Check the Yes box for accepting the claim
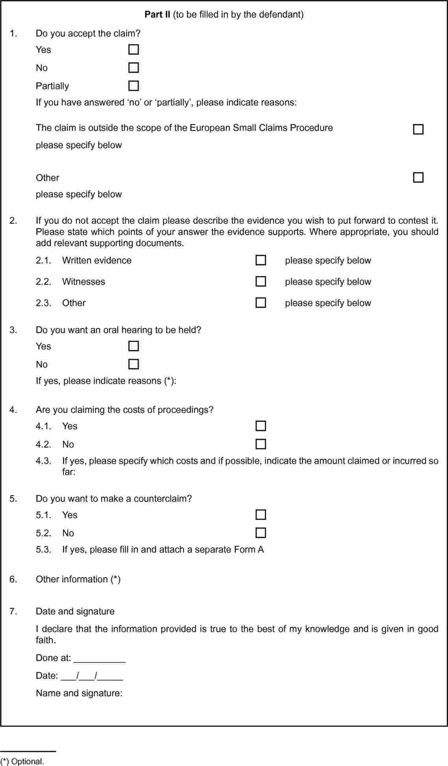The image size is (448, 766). tap(134, 50)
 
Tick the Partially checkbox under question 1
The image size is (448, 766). tap(134, 86)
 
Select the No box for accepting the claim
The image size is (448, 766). tap(134, 68)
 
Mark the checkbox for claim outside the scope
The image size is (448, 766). tap(418, 129)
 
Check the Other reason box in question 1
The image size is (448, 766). tap(418, 178)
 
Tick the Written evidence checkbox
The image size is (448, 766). tap(261, 260)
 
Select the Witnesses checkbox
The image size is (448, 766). tap(261, 282)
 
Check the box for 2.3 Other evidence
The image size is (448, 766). tap(261, 303)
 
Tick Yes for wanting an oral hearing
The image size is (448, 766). tap(134, 346)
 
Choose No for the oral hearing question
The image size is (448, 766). tap(134, 364)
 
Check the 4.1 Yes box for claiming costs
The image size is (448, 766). tap(261, 426)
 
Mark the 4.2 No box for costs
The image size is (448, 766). tap(261, 444)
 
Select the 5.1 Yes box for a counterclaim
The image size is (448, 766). tap(261, 515)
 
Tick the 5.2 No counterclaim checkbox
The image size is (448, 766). tap(261, 533)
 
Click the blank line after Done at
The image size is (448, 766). tap(100, 659)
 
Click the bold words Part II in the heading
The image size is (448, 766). tap(157, 15)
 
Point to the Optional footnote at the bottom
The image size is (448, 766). tap(22, 761)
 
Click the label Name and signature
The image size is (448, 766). tap(79, 693)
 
